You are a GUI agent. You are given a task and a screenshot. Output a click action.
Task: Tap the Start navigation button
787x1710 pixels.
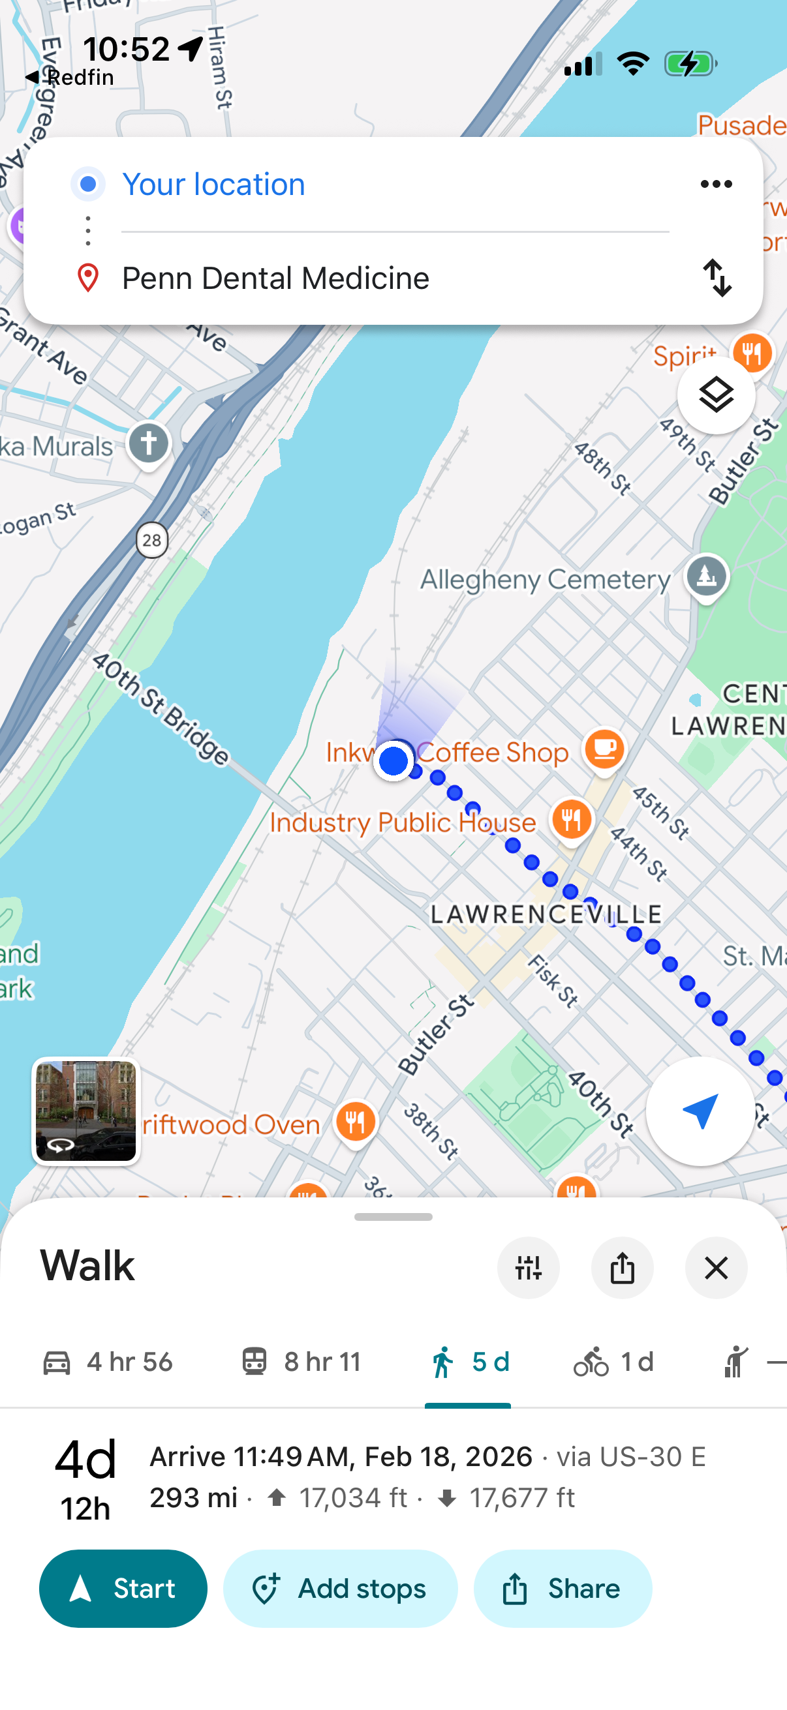[x=123, y=1588]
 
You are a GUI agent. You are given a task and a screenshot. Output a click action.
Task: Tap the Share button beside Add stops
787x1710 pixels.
[x=562, y=1588]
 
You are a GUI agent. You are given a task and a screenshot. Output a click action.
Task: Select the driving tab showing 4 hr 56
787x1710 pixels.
[x=108, y=1362]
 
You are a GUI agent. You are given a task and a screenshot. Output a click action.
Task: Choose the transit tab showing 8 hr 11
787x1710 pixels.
[x=301, y=1362]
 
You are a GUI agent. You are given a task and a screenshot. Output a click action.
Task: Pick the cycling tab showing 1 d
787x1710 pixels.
[x=613, y=1362]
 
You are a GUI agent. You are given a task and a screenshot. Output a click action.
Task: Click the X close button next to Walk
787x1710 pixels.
[x=716, y=1268]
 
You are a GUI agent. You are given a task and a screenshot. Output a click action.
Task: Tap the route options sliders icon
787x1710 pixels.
[x=528, y=1268]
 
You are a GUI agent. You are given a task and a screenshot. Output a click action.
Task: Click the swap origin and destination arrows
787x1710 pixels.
[x=717, y=277]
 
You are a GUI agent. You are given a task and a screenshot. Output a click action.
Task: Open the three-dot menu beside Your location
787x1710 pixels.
[x=716, y=184]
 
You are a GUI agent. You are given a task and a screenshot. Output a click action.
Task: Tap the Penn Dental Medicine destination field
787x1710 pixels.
[x=275, y=278]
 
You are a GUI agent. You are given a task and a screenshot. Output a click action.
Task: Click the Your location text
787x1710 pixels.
[x=214, y=185]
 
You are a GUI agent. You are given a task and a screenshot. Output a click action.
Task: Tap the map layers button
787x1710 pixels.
[x=716, y=396]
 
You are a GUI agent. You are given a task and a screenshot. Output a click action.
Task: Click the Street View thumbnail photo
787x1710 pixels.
[x=85, y=1111]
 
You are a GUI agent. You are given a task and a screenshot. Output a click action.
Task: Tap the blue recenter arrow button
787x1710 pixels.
[x=700, y=1111]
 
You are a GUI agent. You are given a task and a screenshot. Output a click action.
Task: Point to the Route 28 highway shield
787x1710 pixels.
[x=152, y=541]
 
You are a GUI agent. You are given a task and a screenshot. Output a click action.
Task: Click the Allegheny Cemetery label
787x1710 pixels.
[x=546, y=580]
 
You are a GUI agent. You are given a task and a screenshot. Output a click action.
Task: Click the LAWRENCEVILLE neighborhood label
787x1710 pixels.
[x=546, y=914]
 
